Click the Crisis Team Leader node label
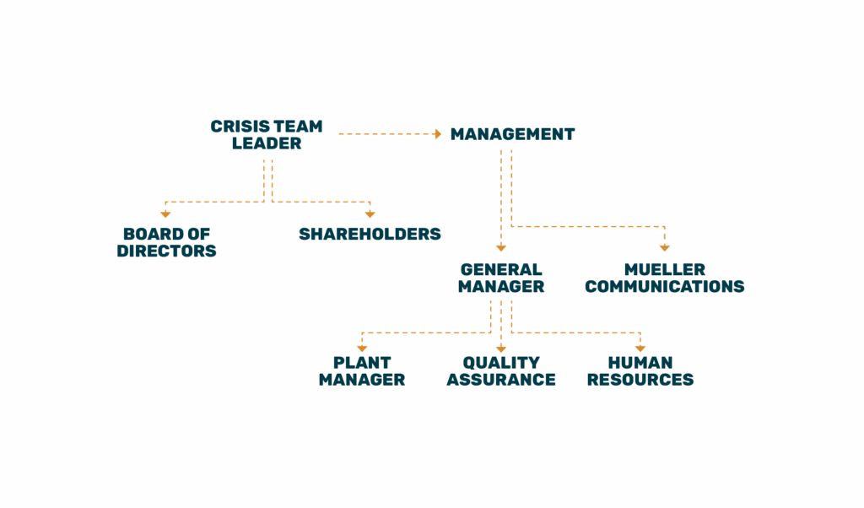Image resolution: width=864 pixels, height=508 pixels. click(267, 135)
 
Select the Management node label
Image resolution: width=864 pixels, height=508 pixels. click(512, 134)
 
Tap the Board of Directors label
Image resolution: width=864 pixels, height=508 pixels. click(166, 242)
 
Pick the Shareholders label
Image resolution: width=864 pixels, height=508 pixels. click(370, 234)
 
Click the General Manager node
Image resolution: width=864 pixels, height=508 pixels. click(501, 278)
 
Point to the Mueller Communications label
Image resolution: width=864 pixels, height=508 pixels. click(664, 278)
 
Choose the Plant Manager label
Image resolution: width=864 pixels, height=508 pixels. click(362, 370)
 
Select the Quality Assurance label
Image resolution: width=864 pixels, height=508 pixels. click(501, 370)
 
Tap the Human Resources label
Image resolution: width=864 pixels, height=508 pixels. click(640, 370)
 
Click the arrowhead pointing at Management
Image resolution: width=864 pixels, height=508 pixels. click(437, 133)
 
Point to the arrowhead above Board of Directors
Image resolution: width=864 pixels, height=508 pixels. click(166, 214)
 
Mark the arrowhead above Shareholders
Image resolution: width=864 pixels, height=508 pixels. click(370, 214)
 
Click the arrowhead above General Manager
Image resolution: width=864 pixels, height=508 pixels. click(501, 247)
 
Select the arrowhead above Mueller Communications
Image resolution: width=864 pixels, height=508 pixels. click(664, 247)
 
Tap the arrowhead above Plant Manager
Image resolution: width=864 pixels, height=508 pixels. click(362, 348)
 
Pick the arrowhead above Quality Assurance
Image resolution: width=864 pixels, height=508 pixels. click(501, 348)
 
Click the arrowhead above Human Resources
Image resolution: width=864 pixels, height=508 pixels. click(640, 348)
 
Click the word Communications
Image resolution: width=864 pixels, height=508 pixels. click(664, 287)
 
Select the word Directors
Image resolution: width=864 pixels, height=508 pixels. click(166, 251)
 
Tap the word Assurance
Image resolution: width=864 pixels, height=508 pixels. click(501, 380)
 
